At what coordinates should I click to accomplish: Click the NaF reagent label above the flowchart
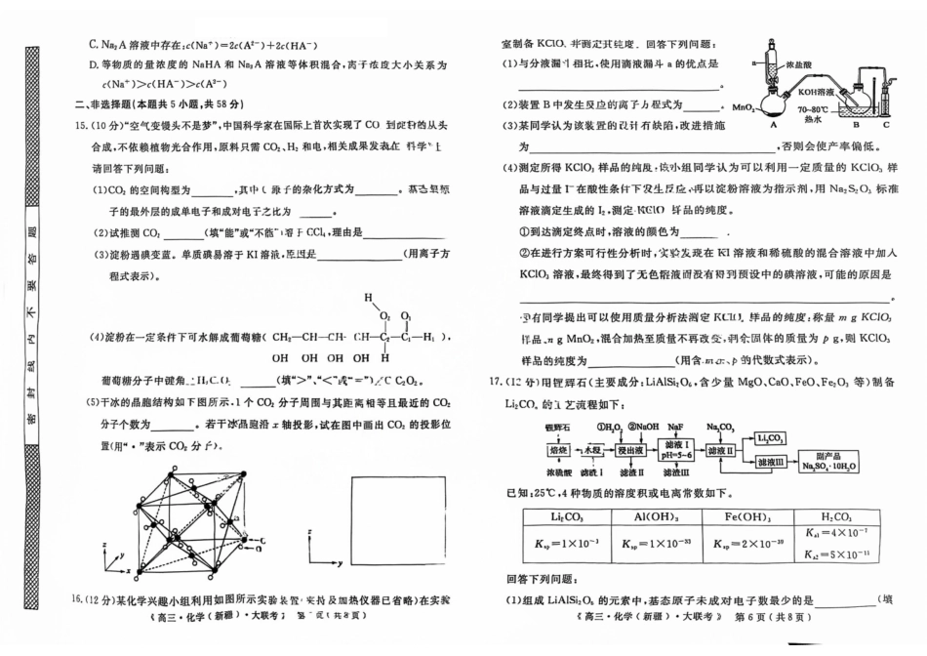coord(677,427)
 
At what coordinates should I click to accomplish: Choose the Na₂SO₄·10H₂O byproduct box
coord(829,462)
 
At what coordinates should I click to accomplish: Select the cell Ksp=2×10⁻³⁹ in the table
coord(748,544)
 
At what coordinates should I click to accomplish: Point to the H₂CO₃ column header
coord(837,517)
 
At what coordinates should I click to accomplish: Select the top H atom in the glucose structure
coord(369,296)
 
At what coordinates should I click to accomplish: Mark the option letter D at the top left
coord(94,64)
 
